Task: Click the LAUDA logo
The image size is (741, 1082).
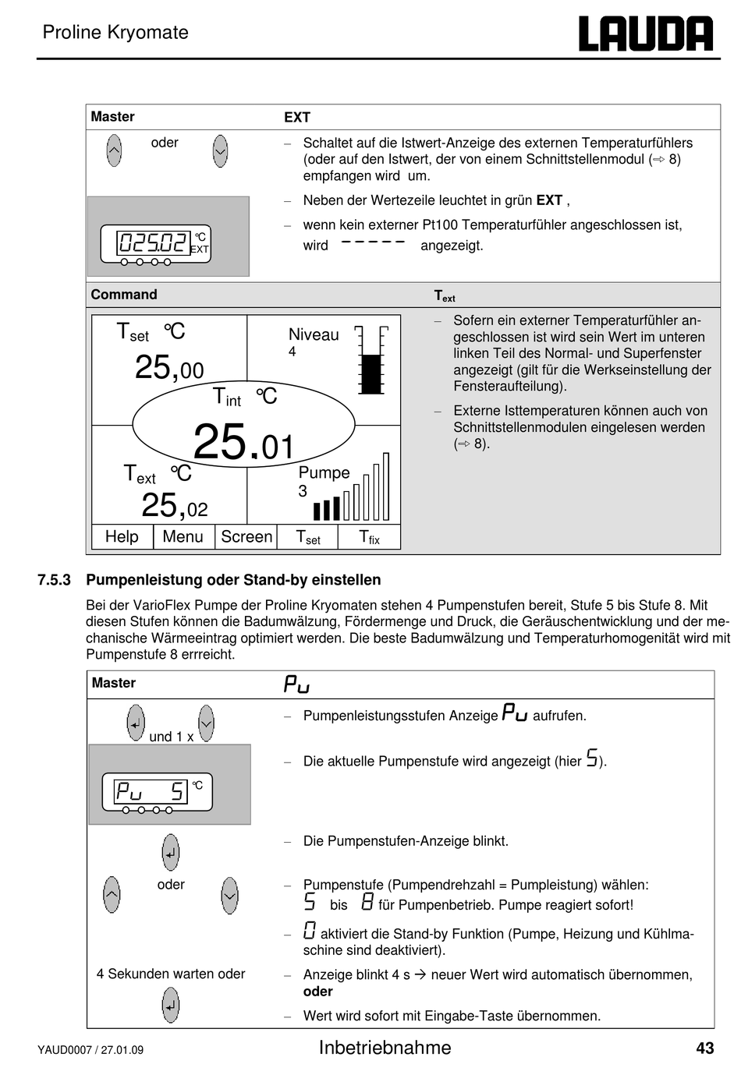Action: click(645, 34)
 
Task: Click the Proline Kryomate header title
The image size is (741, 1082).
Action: click(115, 33)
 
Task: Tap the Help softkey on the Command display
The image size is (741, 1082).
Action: click(122, 537)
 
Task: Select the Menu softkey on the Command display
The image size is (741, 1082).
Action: click(183, 537)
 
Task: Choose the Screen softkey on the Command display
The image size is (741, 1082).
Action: click(246, 537)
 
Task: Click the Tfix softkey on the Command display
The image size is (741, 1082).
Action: click(369, 537)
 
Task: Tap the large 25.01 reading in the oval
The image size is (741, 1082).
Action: click(243, 442)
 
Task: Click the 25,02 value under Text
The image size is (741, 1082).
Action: click(175, 507)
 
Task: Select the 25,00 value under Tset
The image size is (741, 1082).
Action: click(169, 367)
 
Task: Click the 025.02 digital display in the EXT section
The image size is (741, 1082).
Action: click(153, 242)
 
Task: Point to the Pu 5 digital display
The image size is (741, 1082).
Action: click(151, 792)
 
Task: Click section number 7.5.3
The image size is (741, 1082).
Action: click(54, 580)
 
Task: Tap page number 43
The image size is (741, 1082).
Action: click(704, 1048)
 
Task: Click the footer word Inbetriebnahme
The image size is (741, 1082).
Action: click(385, 1048)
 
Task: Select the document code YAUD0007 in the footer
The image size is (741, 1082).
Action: click(65, 1050)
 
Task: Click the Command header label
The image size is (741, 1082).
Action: click(124, 295)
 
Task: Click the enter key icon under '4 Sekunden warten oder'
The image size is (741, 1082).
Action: click(171, 1005)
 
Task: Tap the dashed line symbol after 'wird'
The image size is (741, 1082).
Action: click(374, 242)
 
